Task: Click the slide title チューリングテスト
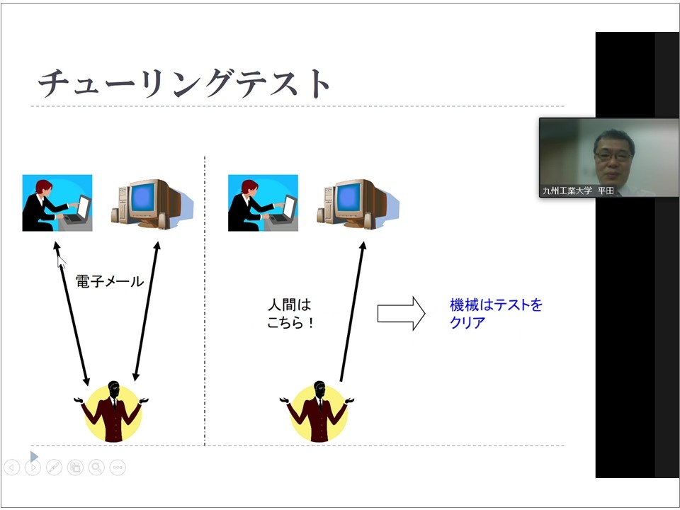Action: click(184, 83)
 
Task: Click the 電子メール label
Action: click(110, 281)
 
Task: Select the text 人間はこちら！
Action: click(290, 314)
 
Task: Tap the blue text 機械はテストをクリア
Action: click(496, 314)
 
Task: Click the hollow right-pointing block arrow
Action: click(401, 314)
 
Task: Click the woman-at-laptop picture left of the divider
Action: click(57, 203)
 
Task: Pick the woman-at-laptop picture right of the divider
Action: click(263, 203)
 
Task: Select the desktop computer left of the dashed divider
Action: click(152, 204)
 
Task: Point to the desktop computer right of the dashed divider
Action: click(358, 204)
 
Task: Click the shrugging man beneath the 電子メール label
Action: click(113, 412)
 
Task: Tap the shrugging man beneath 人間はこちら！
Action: click(318, 412)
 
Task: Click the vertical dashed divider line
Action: click(205, 301)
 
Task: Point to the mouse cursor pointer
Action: click(61, 262)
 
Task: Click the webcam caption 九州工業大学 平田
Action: click(578, 191)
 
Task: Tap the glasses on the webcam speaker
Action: click(613, 156)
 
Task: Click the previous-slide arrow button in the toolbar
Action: click(12, 467)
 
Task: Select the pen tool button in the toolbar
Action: click(55, 467)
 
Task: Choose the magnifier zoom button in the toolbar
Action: click(96, 467)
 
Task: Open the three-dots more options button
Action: click(118, 467)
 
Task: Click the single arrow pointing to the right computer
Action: click(352, 312)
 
